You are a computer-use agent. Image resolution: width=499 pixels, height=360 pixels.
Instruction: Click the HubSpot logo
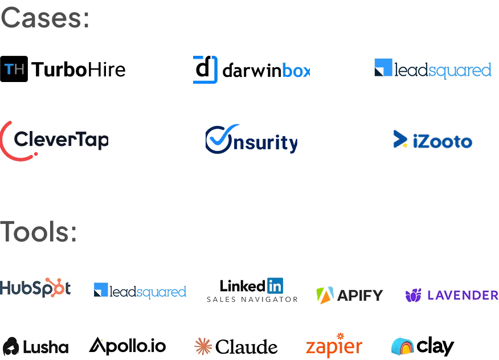click(x=36, y=288)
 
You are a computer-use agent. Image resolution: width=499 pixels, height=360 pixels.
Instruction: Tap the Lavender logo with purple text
click(x=449, y=295)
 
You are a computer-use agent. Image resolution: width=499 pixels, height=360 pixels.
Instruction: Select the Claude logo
click(x=234, y=346)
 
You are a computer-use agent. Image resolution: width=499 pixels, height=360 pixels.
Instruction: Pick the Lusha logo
click(x=36, y=346)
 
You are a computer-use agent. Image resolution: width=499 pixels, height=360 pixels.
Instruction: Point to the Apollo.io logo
click(x=128, y=345)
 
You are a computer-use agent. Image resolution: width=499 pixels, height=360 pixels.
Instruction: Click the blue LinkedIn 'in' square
click(x=275, y=285)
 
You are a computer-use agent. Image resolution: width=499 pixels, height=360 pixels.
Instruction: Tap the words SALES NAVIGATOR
click(x=252, y=300)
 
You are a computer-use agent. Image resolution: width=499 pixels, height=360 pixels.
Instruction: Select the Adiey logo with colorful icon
click(x=348, y=294)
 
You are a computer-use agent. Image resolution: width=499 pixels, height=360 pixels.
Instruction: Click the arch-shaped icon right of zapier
click(x=402, y=346)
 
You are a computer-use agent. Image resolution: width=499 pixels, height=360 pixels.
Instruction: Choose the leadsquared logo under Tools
click(x=139, y=291)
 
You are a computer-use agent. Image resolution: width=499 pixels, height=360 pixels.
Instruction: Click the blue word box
click(x=296, y=71)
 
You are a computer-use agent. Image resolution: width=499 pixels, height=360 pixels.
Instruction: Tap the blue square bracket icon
click(x=205, y=71)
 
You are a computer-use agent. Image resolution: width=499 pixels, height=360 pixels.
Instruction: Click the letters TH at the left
click(x=14, y=69)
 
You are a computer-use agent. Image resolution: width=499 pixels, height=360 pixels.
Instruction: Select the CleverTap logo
click(x=55, y=140)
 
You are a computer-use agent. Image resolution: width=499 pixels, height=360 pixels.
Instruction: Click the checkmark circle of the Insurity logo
click(x=218, y=138)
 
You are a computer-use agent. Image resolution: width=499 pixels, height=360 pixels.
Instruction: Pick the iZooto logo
click(x=432, y=141)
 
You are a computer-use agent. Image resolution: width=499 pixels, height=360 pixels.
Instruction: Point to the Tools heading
click(x=38, y=231)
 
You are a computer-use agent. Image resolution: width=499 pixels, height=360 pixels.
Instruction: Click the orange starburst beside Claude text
click(x=202, y=346)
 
